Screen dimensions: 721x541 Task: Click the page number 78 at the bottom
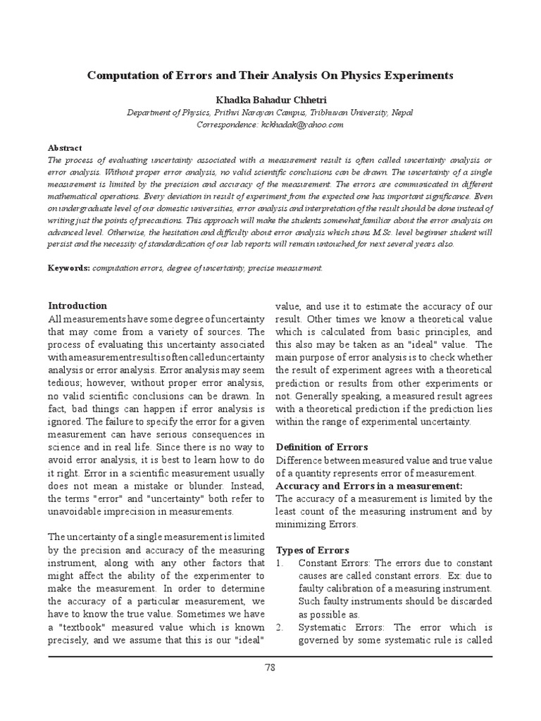point(270,667)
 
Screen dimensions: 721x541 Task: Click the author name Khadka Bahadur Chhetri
point(270,99)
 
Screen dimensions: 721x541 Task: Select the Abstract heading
point(65,148)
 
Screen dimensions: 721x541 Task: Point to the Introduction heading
point(77,306)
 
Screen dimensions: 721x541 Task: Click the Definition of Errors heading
point(321,446)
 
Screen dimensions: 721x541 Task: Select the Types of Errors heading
point(312,549)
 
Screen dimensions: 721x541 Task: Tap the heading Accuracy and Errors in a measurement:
point(368,486)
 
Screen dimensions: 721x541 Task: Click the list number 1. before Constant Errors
point(279,563)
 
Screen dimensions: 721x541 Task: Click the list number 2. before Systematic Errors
point(279,627)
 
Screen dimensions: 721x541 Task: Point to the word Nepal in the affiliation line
point(403,113)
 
